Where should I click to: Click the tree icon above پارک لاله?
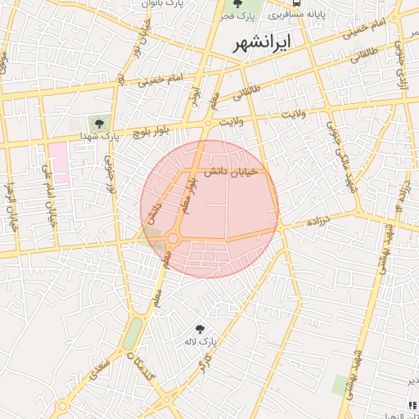tap(199, 327)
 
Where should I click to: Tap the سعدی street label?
tap(101, 359)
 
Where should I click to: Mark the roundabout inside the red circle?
tap(173, 238)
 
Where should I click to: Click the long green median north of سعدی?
tap(132, 331)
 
